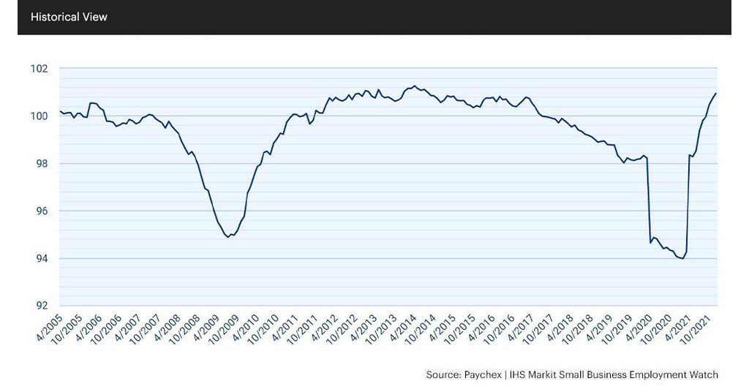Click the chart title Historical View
[x=69, y=17]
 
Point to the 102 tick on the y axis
[x=39, y=69]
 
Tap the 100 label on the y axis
[x=39, y=116]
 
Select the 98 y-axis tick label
[x=41, y=164]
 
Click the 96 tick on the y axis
[x=41, y=211]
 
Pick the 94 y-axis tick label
[x=41, y=259]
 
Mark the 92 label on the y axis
[x=41, y=306]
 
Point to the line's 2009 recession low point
[x=228, y=237]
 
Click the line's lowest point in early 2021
[x=682, y=258]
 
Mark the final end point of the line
[x=716, y=93]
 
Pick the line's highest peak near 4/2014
[x=415, y=86]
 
